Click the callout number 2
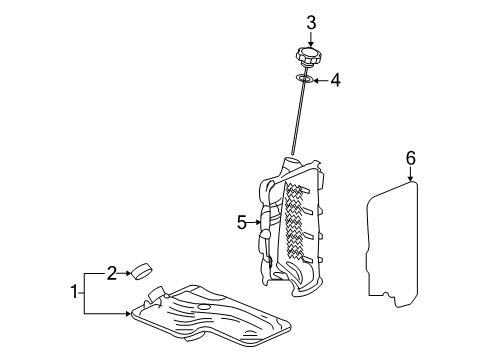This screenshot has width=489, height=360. (x=113, y=270)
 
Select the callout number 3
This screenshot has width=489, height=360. (x=311, y=21)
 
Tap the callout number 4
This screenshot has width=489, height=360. (x=335, y=79)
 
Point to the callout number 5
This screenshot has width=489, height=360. (x=241, y=222)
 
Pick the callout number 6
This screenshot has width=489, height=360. (x=410, y=157)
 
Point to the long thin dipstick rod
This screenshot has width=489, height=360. (x=298, y=120)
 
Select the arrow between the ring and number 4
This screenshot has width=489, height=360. (x=321, y=79)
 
